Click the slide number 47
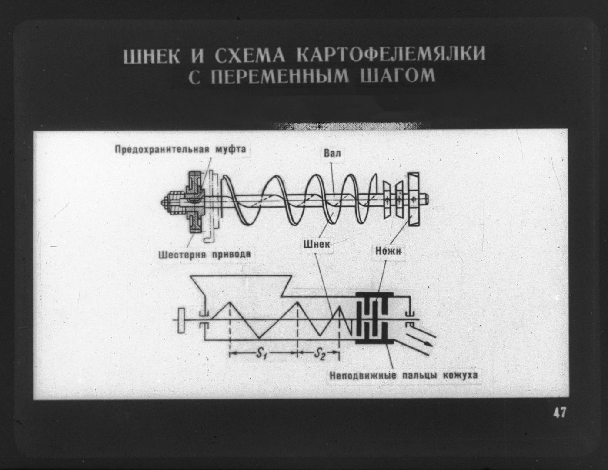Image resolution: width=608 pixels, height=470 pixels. tap(559, 413)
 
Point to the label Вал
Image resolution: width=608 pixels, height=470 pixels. tap(332, 153)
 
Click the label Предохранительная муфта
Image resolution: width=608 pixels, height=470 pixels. tap(180, 149)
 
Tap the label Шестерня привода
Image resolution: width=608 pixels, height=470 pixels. tap(205, 255)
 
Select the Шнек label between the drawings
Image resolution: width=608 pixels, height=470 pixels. tap(317, 244)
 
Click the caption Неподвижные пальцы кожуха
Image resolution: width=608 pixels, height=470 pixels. tap(403, 375)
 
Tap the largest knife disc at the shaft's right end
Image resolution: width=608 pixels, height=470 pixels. tap(414, 199)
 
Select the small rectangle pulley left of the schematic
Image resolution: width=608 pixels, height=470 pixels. tap(181, 320)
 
